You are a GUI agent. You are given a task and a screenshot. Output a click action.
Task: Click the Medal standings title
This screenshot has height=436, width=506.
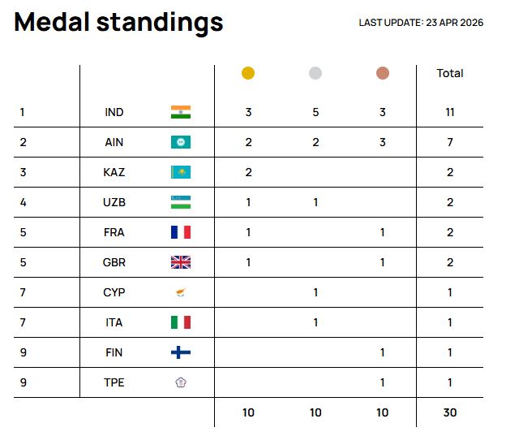click(118, 23)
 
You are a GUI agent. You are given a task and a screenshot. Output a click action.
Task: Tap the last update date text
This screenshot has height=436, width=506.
click(421, 23)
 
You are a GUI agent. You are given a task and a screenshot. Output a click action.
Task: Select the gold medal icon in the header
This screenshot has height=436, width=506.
click(248, 73)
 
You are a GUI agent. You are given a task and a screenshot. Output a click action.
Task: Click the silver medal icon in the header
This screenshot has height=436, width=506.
click(315, 73)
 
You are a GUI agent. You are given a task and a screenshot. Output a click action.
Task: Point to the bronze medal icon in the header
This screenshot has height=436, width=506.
click(383, 73)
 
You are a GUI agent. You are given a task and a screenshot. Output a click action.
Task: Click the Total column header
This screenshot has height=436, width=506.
click(450, 73)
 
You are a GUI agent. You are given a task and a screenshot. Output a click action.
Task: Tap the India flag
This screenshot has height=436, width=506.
click(181, 112)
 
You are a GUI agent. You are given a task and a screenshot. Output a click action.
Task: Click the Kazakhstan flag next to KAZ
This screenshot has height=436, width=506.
click(181, 172)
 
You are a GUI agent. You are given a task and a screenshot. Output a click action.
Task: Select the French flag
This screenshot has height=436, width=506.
click(181, 232)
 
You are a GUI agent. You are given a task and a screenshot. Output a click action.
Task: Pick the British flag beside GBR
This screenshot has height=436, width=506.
click(181, 262)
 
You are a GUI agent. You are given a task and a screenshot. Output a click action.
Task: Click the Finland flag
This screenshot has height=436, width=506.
click(181, 352)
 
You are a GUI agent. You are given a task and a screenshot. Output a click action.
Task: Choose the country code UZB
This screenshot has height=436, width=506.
click(114, 202)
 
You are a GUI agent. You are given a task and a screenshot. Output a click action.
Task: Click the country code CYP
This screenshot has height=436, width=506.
click(114, 292)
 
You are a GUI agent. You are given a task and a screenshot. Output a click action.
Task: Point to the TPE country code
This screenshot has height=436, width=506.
click(114, 382)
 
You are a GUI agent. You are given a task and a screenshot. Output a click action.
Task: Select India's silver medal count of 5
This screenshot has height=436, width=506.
click(315, 112)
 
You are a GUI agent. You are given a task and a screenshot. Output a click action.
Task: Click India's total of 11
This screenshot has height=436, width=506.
click(450, 112)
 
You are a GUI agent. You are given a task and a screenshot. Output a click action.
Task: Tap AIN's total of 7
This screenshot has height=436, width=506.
click(450, 142)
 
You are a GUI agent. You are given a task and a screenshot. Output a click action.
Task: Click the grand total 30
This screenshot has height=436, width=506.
click(450, 412)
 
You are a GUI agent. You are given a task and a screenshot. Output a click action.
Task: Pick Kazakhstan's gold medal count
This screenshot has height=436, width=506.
click(248, 172)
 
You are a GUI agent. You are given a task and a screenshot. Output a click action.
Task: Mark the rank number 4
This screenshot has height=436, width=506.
click(24, 202)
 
